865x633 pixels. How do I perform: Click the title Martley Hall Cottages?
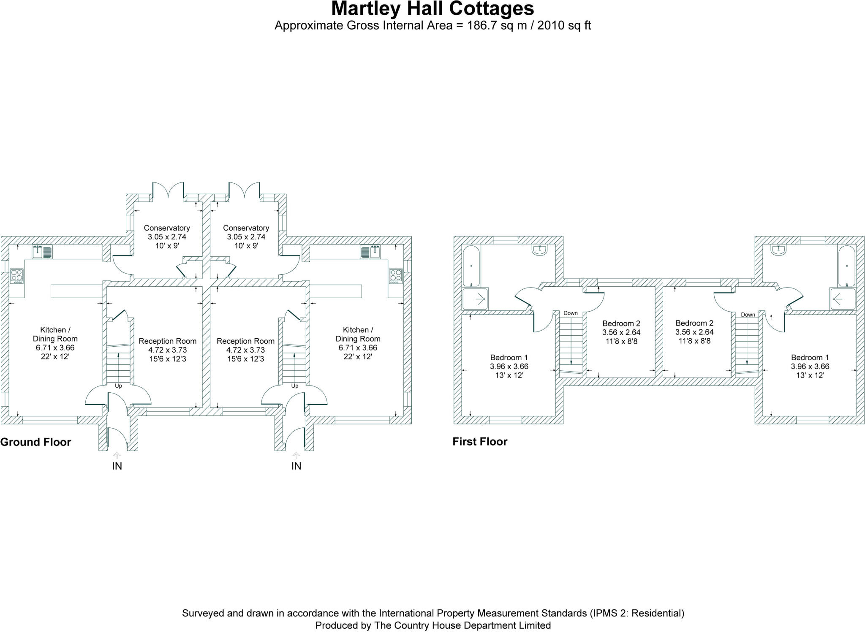click(432, 8)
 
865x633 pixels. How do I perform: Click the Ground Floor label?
click(35, 442)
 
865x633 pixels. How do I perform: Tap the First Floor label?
click(480, 442)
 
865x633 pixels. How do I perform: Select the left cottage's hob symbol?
click(17, 276)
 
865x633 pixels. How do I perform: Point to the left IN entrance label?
click(117, 466)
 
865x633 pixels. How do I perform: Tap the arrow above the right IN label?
click(296, 455)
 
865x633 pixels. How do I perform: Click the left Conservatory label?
click(167, 228)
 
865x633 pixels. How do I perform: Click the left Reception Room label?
click(167, 341)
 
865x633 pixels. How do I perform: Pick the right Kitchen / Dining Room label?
click(358, 334)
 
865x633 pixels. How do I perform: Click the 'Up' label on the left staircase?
click(118, 386)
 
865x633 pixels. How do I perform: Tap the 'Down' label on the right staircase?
click(748, 315)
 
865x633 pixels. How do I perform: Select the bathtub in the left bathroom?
click(471, 266)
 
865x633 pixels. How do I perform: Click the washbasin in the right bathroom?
click(778, 250)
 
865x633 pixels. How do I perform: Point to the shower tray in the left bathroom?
click(476, 299)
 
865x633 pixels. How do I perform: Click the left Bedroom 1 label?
click(509, 358)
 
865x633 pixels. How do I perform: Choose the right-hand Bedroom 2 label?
click(694, 323)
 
